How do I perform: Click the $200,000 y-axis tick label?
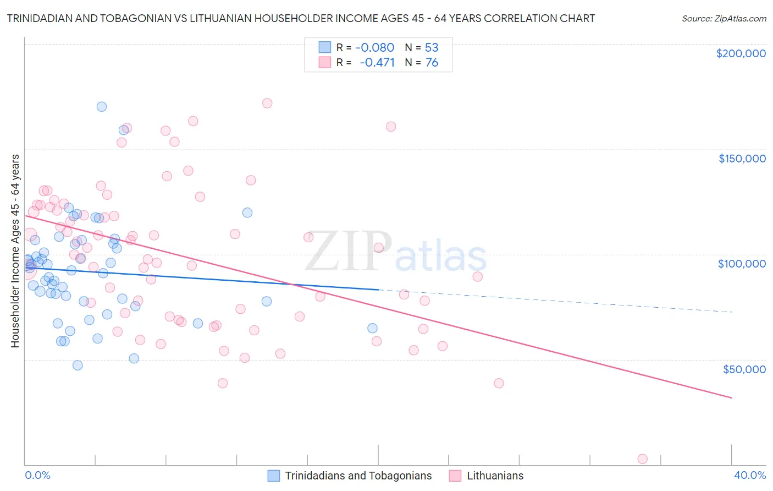coord(741,53)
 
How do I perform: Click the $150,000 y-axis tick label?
coord(742,159)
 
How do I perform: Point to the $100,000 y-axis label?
coord(742,264)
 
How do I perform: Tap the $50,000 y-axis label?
coord(744,369)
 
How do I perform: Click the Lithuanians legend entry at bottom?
coord(495,476)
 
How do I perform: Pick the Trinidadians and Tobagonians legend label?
coord(358,476)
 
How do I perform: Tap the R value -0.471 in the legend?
coord(377,62)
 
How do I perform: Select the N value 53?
coord(432,47)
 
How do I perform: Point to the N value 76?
coord(432,62)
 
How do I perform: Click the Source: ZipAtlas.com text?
coord(724,18)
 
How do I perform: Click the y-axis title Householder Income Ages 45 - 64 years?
coord(15,250)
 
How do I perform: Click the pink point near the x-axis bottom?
coord(642,459)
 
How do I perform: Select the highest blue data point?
coord(102,107)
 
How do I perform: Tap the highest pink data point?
coord(267,103)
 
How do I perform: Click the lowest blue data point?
coord(78,365)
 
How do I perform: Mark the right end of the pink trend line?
coord(731,397)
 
